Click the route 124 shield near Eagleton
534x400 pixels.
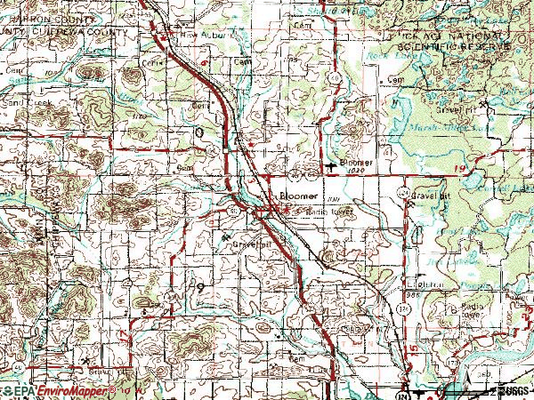[x=389, y=308]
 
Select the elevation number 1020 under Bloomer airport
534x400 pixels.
[x=359, y=172]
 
